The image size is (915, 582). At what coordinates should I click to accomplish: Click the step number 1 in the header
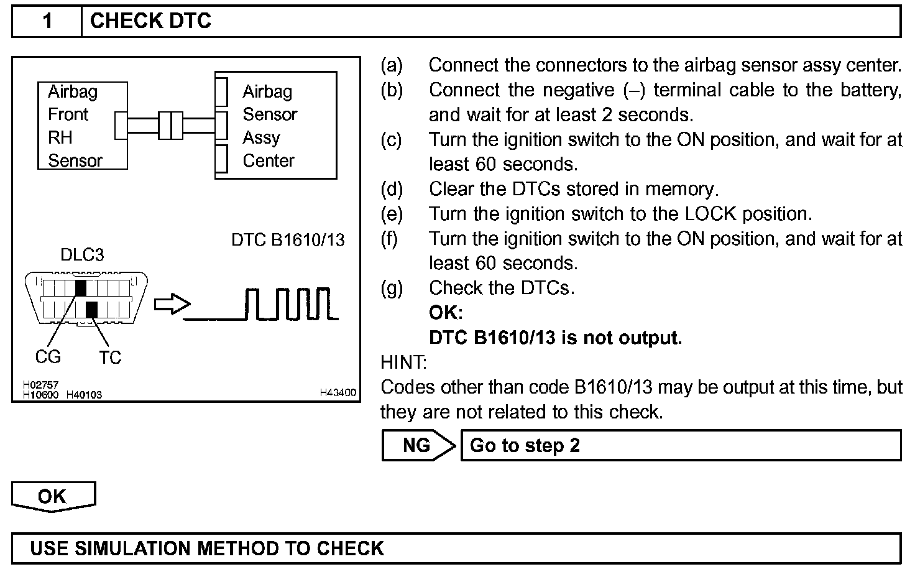click(x=47, y=21)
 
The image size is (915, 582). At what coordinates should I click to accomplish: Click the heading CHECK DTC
click(x=150, y=21)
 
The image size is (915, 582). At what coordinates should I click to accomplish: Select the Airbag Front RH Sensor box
click(x=82, y=126)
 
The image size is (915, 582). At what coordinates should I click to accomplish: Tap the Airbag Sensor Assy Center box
click(x=276, y=126)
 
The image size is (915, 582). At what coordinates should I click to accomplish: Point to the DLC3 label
click(x=82, y=255)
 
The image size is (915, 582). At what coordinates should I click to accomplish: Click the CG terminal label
click(x=48, y=357)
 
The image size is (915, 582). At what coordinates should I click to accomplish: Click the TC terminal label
click(x=110, y=358)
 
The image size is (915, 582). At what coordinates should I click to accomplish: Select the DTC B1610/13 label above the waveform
click(x=288, y=240)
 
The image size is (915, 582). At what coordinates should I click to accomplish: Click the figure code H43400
click(x=338, y=393)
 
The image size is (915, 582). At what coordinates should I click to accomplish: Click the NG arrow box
click(x=418, y=445)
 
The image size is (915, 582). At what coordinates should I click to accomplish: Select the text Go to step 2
click(x=525, y=445)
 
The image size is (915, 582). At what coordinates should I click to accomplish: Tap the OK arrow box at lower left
click(x=53, y=496)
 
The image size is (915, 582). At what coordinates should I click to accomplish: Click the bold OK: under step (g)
click(x=446, y=313)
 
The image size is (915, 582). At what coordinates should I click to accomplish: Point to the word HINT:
click(x=403, y=362)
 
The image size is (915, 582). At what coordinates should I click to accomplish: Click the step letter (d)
click(x=392, y=189)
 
